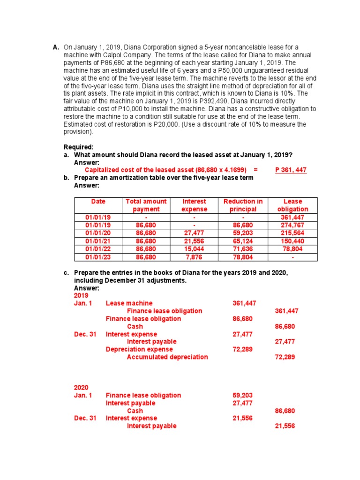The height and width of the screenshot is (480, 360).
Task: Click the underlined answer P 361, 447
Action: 291,170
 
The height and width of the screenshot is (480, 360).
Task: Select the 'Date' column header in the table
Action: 98,202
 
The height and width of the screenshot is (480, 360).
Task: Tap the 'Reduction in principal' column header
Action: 243,205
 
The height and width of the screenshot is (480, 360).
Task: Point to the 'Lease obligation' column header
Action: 292,205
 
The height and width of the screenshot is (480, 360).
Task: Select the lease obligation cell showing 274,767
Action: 292,225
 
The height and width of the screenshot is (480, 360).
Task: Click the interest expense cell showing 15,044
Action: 194,249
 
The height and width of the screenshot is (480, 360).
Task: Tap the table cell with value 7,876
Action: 194,257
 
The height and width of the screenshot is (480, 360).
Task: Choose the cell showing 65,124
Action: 243,241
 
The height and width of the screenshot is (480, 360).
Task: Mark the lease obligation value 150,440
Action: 292,241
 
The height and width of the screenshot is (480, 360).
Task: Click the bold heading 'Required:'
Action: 79,147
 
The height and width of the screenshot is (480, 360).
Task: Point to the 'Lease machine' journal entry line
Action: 129,303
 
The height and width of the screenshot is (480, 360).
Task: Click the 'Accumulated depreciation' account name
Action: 167,357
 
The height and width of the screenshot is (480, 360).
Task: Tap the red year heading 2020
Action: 82,388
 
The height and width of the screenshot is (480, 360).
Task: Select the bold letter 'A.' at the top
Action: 56,47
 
